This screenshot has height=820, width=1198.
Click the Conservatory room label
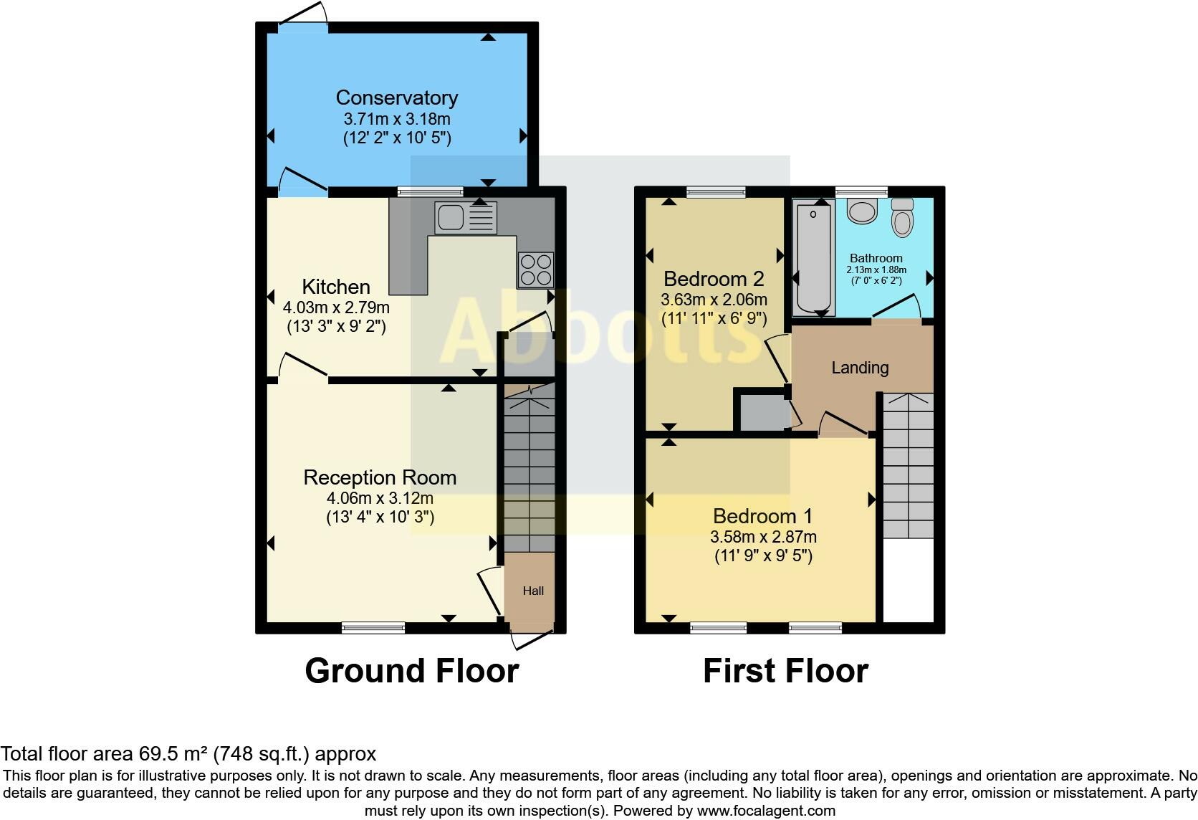[396, 97]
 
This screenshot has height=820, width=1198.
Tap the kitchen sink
[451, 217]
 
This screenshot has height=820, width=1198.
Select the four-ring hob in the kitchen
[535, 270]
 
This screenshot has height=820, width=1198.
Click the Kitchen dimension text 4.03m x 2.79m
[336, 308]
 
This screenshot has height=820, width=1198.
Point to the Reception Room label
[380, 477]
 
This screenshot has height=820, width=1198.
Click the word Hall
[533, 591]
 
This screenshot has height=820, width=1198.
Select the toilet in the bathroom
[902, 219]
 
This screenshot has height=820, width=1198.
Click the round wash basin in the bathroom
[862, 211]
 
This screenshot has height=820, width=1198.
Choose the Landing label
[860, 368]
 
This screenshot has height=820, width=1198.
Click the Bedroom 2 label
[714, 278]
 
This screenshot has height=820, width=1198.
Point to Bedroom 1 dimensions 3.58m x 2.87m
[763, 537]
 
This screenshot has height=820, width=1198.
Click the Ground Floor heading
[411, 671]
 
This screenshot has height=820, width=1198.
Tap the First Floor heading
[785, 671]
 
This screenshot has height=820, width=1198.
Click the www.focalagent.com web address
[766, 811]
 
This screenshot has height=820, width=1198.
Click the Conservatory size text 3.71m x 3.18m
[396, 119]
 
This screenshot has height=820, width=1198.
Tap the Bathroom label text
[876, 258]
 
